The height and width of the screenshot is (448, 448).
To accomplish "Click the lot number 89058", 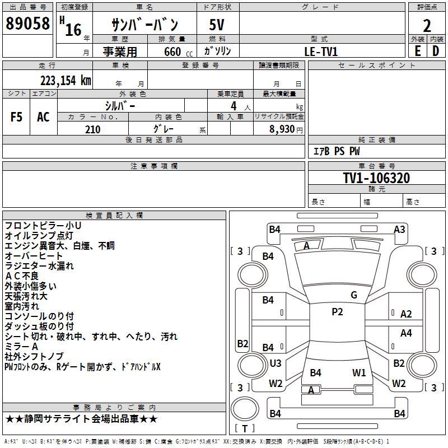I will click(27, 25).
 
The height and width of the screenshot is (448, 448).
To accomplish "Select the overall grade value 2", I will click(427, 25).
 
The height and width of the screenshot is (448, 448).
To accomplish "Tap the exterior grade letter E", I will click(417, 50).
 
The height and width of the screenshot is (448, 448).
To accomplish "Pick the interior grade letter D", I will click(436, 50).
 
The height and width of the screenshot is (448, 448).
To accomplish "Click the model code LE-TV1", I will click(321, 51).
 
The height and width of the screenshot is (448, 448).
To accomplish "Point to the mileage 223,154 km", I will click(66, 80).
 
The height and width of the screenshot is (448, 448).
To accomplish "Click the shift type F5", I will click(16, 117).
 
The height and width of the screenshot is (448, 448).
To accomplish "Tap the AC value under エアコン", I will click(43, 117).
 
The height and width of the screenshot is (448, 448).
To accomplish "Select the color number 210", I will click(92, 129).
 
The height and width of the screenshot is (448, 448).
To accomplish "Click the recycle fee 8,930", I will click(282, 129).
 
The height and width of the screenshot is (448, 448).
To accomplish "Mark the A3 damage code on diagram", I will click(399, 229).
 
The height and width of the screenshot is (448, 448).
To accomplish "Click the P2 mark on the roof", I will click(337, 312).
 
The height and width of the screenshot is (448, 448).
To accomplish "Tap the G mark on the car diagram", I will click(353, 295).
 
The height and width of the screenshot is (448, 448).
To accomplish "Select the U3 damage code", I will click(276, 363).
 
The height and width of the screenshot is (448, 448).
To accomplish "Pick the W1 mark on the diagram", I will click(359, 372).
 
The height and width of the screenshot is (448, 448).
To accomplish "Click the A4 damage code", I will click(406, 333).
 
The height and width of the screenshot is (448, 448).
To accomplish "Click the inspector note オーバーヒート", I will click(34, 256).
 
